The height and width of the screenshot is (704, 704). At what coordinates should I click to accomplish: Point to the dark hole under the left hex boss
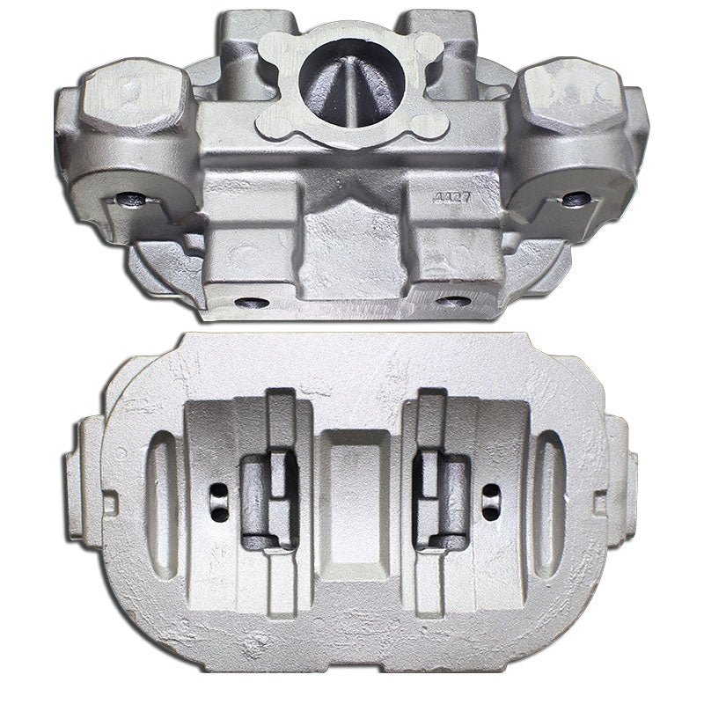[x=131, y=198]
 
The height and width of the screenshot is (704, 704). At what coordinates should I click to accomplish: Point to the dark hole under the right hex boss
[x=576, y=199]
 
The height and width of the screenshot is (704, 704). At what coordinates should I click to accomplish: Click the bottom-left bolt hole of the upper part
[x=252, y=302]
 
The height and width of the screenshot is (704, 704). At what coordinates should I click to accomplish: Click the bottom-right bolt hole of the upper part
[x=454, y=301]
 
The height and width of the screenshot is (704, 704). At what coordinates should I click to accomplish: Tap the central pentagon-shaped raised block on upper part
[x=351, y=242]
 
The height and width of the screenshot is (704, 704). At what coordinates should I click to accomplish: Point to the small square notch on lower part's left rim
[x=109, y=504]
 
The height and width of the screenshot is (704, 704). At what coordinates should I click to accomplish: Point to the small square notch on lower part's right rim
[x=599, y=503]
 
